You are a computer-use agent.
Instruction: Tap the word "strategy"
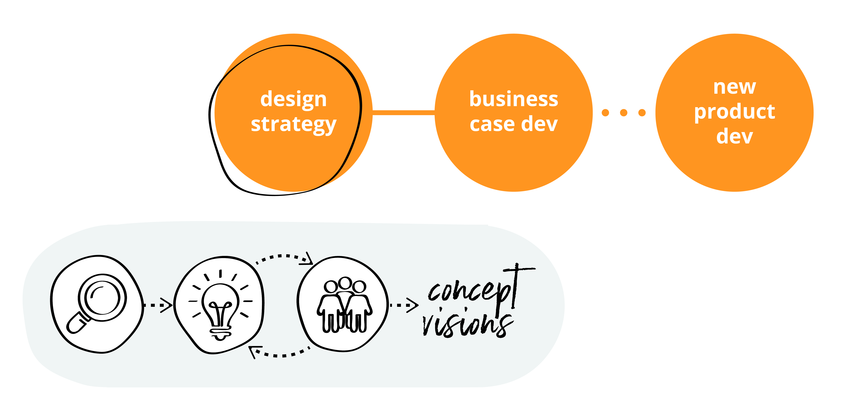(x=294, y=124)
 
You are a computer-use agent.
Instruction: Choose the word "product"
(x=734, y=112)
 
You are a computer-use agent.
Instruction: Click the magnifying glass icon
(x=98, y=303)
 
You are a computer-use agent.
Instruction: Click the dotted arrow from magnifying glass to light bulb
(x=157, y=305)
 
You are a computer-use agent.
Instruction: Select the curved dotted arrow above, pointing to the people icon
(x=284, y=257)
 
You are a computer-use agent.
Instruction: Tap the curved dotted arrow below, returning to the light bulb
(x=279, y=353)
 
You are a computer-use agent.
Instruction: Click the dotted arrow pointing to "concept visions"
(x=404, y=305)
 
